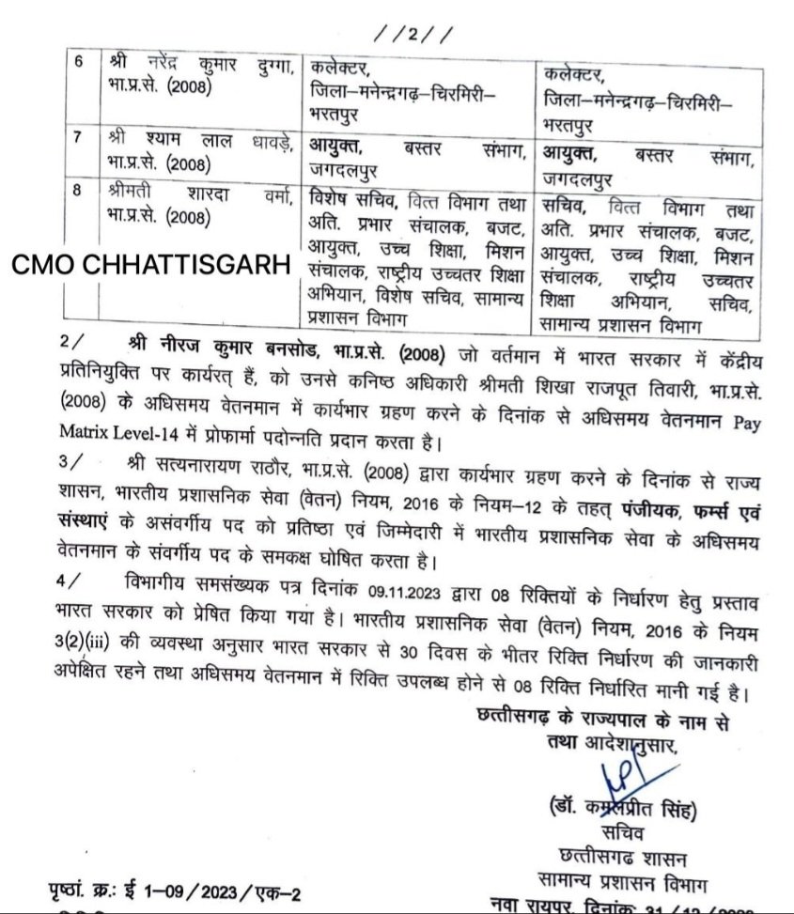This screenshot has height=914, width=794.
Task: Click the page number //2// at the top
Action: [413, 35]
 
